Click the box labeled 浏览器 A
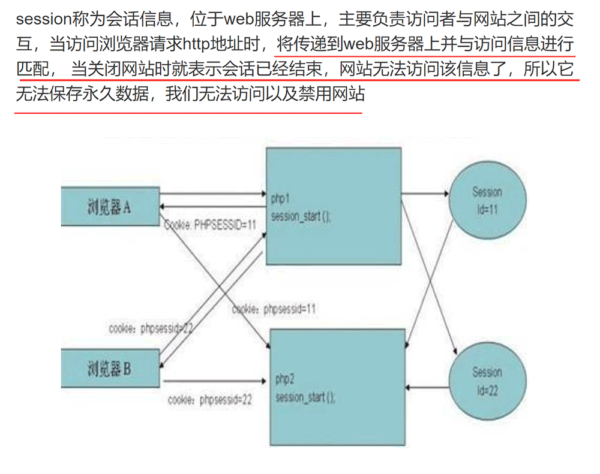[x=110, y=206]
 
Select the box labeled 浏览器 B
[x=110, y=368]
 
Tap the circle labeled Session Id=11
[x=487, y=200]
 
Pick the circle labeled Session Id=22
[x=487, y=381]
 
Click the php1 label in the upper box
[x=280, y=199]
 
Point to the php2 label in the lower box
[x=284, y=379]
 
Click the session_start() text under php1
[x=301, y=217]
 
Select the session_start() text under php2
[x=305, y=397]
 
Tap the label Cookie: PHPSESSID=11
[x=210, y=224]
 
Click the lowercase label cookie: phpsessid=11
[x=274, y=309]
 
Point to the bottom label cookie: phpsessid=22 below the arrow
[x=210, y=400]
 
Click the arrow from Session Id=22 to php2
[x=427, y=388]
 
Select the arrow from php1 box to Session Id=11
[x=425, y=194]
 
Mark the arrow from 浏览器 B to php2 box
[x=215, y=381]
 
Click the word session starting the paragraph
[x=44, y=19]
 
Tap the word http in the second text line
[x=197, y=44]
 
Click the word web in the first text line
[x=239, y=19]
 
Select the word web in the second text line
[x=358, y=44]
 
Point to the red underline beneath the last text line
[x=188, y=113]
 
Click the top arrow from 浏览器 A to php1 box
[x=213, y=194]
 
